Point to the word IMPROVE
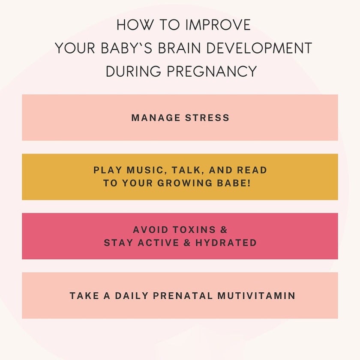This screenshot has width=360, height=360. (x=217, y=25)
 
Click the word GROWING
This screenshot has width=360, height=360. (x=197, y=183)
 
